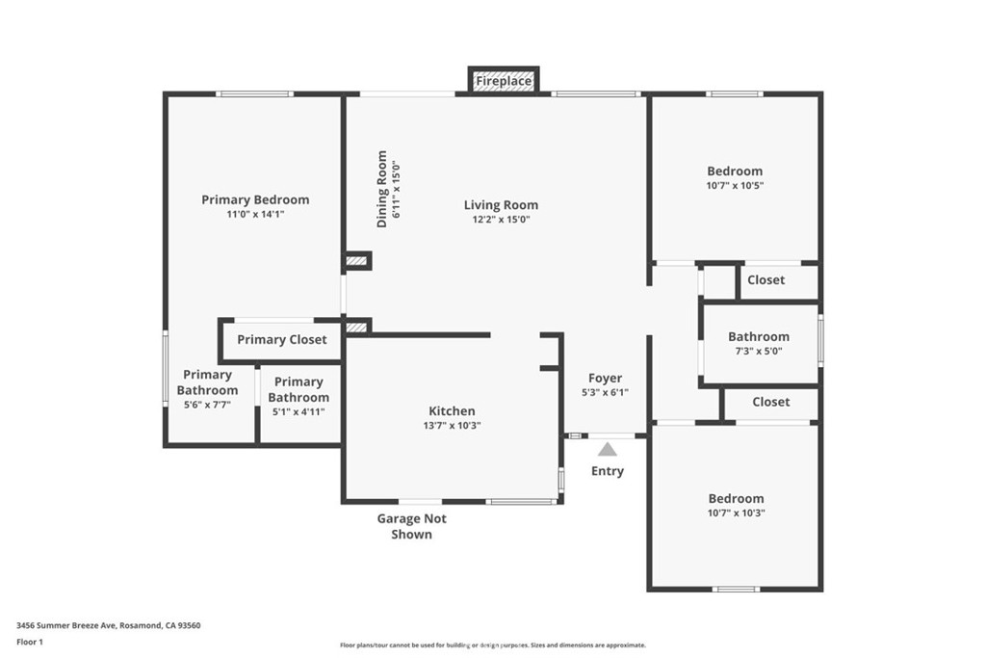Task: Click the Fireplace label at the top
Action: point(503,81)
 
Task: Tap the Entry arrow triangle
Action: point(608,449)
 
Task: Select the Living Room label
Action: point(501,205)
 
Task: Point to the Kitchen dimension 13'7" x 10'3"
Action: point(453,426)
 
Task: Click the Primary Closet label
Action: point(282,340)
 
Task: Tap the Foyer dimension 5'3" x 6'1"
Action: point(605,392)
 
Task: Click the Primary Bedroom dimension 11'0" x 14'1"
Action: point(256,215)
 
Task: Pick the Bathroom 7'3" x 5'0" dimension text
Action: point(759,352)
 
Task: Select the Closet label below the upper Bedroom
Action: point(765,280)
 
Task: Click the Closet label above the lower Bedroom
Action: point(771,402)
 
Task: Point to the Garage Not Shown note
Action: point(412,527)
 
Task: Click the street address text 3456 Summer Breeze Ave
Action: point(66,626)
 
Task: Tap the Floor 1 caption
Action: point(30,643)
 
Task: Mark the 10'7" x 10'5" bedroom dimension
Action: point(735,186)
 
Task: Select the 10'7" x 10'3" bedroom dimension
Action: point(737,513)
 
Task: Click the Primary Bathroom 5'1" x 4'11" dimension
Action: point(298,412)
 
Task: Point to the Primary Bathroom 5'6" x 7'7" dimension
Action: point(208,406)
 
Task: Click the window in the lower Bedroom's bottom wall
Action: point(737,590)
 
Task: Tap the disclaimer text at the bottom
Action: point(493,645)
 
